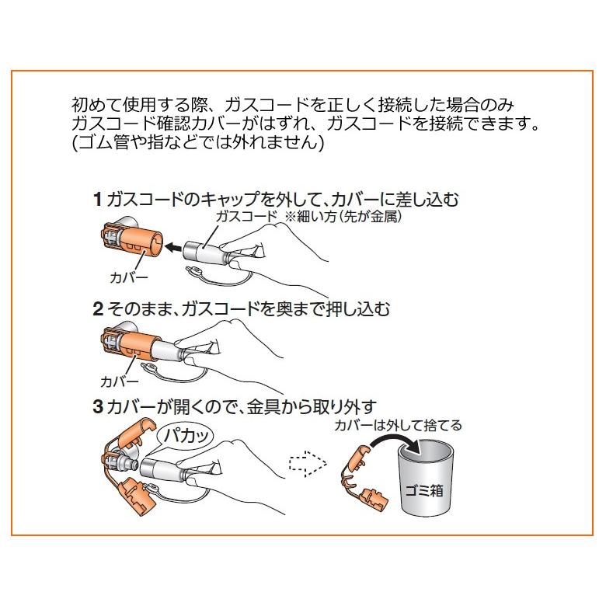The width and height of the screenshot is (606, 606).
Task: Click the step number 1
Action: [x=98, y=200]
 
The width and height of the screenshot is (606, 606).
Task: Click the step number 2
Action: [x=98, y=308]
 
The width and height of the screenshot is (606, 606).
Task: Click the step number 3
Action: [x=98, y=407]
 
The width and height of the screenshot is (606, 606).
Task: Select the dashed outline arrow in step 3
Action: [x=308, y=463]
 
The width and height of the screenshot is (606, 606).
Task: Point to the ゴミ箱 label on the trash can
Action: [x=424, y=491]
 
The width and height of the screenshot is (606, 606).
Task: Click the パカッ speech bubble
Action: [x=186, y=437]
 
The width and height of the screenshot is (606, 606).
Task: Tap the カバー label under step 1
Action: [x=129, y=277]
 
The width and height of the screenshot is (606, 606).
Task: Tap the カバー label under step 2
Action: [x=119, y=381]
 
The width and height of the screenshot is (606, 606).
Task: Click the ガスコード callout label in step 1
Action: [x=246, y=217]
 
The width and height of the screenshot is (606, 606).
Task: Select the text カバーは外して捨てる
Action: [x=398, y=426]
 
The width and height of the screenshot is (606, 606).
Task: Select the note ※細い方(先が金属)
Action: [x=343, y=217]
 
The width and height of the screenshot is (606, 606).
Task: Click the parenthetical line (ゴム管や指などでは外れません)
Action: [x=198, y=142]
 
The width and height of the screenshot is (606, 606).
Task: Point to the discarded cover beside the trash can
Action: [x=364, y=479]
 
